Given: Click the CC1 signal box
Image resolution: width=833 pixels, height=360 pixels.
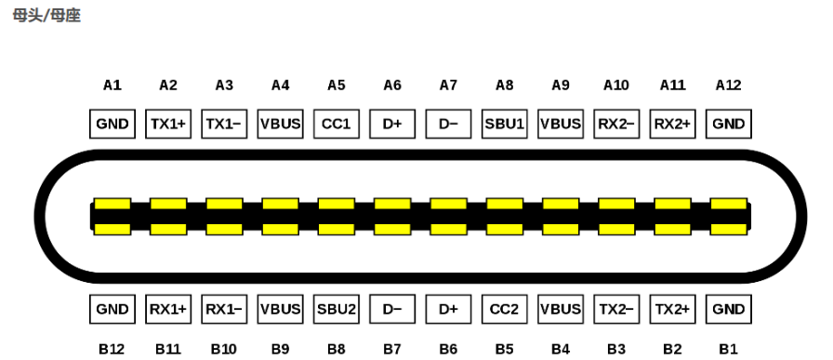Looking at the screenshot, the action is coord(337,124).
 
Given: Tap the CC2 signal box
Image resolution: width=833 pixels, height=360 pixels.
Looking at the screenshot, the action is coord(505,309).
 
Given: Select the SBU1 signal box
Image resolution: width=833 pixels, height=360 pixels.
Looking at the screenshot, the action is coord(505,124).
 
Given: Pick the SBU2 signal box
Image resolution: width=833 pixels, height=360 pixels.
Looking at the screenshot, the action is coord(337,309).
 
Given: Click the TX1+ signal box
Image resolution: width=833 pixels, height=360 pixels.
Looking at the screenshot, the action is coord(168,124).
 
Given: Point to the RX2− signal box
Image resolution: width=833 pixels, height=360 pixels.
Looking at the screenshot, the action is coord(616,124).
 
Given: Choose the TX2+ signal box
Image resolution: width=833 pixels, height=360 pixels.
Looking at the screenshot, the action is coord(672,309).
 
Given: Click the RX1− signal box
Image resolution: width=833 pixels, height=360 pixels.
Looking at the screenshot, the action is coord(224,309).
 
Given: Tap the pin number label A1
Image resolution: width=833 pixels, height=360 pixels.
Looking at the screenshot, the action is coord(112,85).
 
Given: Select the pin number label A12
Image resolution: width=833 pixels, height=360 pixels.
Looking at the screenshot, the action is coord(728,85).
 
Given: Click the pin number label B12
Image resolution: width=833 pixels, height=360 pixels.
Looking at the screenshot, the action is coord(112,350).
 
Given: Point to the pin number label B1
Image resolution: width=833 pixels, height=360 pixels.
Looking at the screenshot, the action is coord(728,350).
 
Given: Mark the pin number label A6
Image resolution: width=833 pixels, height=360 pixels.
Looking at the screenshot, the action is coord(392,85).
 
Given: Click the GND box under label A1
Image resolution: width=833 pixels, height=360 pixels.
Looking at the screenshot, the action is coord(112,124).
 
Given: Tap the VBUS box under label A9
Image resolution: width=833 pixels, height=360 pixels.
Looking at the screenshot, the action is coord(561,124).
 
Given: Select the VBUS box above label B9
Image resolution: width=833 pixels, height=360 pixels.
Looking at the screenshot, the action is coord(280,309).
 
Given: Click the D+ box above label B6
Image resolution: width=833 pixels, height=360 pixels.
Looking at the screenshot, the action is coord(448,309).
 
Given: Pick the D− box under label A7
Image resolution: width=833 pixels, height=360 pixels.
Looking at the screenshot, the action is coord(448,124).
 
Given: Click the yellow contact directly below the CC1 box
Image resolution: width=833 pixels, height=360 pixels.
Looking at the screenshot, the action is coord(337,204).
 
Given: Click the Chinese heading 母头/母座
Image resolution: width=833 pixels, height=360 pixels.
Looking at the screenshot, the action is coord(46,16).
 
